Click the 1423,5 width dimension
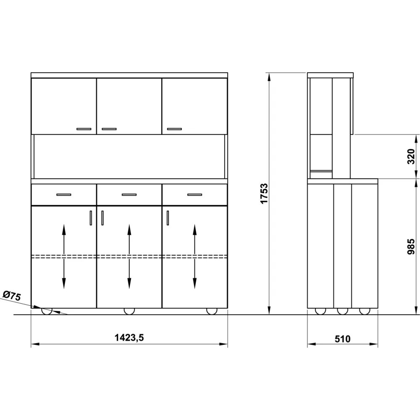tap(129, 338)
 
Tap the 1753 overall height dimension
tap(264, 194)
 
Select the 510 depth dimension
tap(342, 339)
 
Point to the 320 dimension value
tap(411, 156)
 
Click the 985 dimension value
tap(411, 247)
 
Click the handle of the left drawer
tap(64, 195)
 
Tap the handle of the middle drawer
tap(129, 195)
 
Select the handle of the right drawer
tap(195, 195)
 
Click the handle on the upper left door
tap(84, 129)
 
